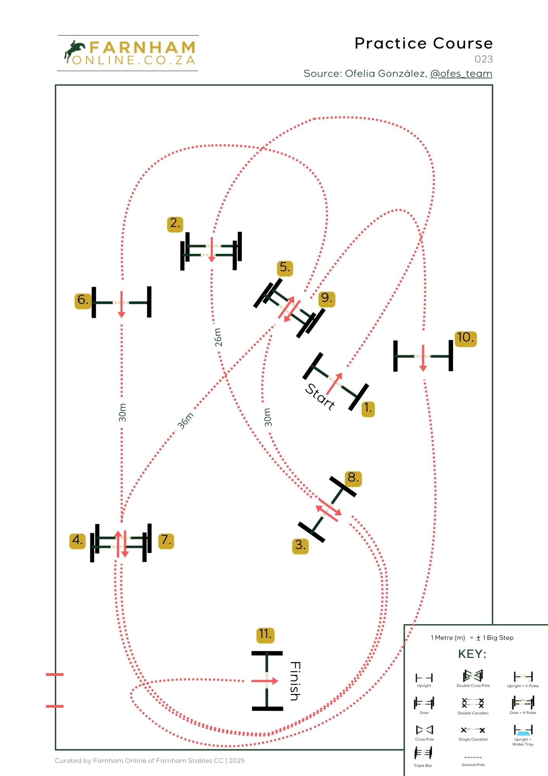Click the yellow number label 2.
pyautogui.click(x=175, y=223)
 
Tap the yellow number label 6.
pyautogui.click(x=83, y=300)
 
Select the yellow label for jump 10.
pyautogui.click(x=465, y=338)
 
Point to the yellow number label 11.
pyautogui.click(x=265, y=634)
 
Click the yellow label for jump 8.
pyautogui.click(x=353, y=478)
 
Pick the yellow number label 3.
pyautogui.click(x=300, y=545)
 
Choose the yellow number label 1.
pyautogui.click(x=368, y=408)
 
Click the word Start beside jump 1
pyautogui.click(x=320, y=397)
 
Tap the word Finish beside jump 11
pyautogui.click(x=295, y=681)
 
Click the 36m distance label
pyautogui.click(x=186, y=421)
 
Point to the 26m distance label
pyautogui.click(x=218, y=337)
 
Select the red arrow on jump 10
pyautogui.click(x=423, y=357)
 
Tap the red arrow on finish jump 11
pyautogui.click(x=265, y=681)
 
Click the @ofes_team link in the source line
pyautogui.click(x=461, y=74)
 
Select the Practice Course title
pyautogui.click(x=424, y=43)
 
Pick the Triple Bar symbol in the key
pyautogui.click(x=423, y=753)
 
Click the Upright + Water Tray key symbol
pyautogui.click(x=523, y=731)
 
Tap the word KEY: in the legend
pyautogui.click(x=472, y=654)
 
